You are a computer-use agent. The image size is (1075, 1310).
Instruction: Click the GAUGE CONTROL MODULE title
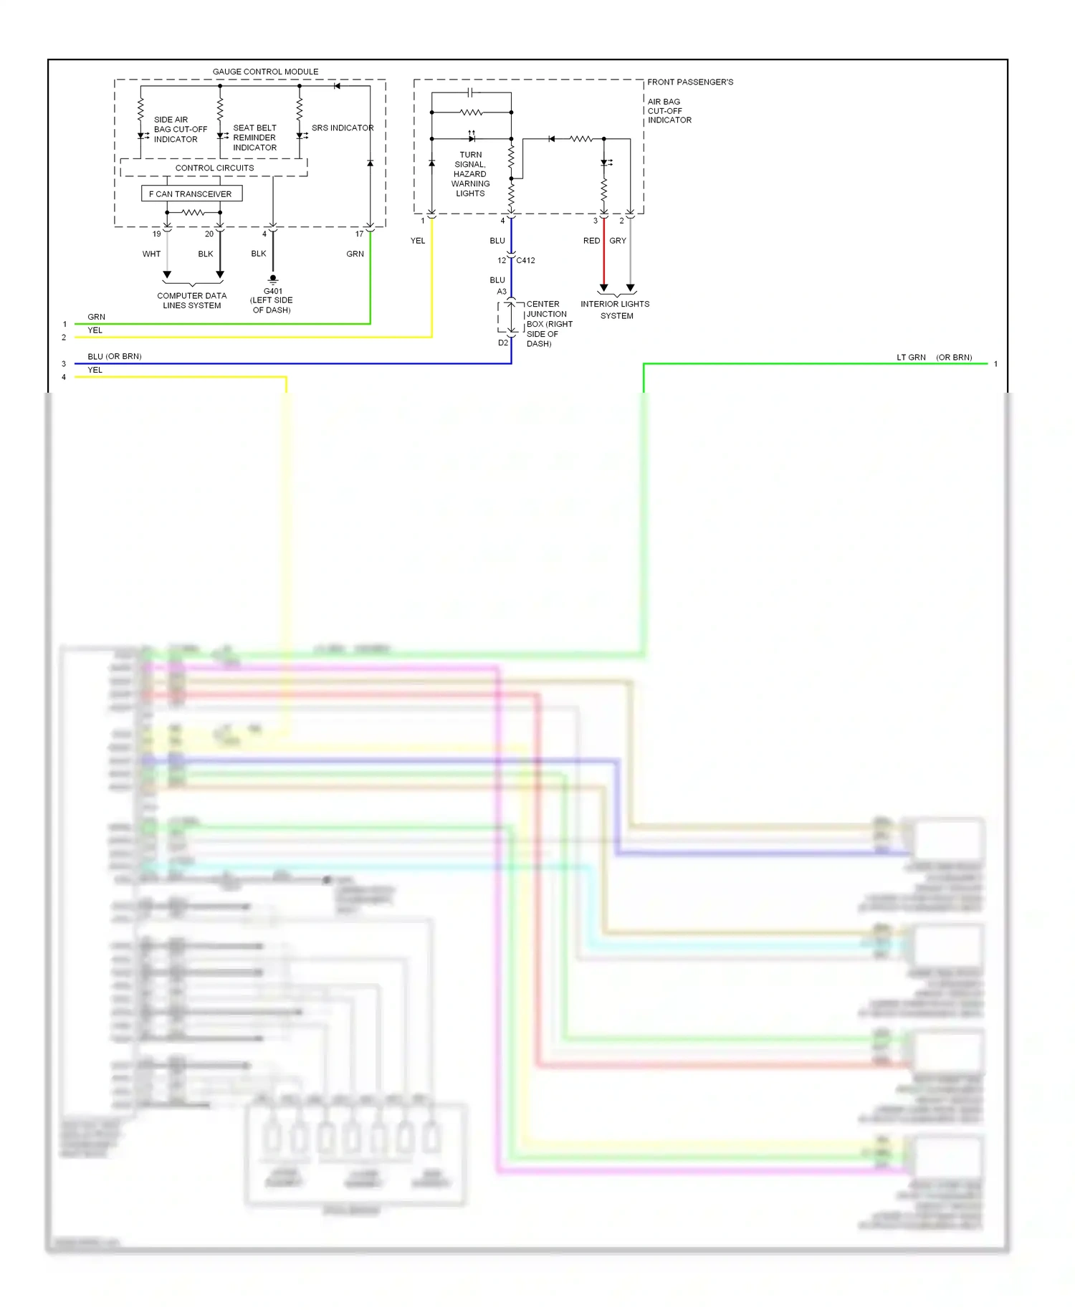(x=265, y=72)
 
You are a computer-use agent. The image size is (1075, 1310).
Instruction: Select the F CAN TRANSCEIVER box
(x=191, y=193)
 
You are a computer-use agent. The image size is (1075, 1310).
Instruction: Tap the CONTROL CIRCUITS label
(x=214, y=168)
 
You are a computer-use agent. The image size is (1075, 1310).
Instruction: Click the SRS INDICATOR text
(x=343, y=128)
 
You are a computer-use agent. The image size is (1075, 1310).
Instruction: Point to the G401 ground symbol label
(x=272, y=292)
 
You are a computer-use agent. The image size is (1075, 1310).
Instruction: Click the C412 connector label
(x=525, y=260)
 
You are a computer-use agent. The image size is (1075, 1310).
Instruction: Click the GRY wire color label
(x=618, y=241)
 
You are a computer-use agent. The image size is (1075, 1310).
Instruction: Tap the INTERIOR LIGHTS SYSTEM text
(x=615, y=310)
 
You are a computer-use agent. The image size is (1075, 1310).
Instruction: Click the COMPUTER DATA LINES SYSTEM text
(x=191, y=300)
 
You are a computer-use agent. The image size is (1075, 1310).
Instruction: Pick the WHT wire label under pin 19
(x=151, y=254)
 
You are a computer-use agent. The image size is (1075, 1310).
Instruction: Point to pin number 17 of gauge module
(x=359, y=234)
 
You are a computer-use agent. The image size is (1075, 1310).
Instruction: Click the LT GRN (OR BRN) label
(x=934, y=357)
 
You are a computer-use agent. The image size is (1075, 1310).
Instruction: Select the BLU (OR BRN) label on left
(x=115, y=356)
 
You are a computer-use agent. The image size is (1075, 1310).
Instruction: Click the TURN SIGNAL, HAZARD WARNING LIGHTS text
(x=470, y=174)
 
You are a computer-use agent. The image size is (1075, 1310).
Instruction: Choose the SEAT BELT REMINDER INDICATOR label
(x=254, y=138)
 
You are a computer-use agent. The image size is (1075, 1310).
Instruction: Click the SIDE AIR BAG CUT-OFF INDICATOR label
(x=179, y=130)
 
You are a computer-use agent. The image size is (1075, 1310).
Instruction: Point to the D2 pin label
(x=502, y=343)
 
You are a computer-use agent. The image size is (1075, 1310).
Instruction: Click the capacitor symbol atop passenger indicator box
(x=470, y=92)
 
